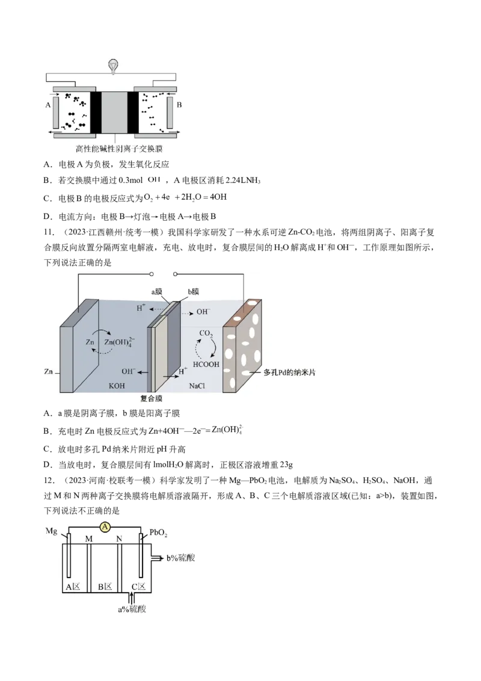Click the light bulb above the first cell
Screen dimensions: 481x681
point(113,66)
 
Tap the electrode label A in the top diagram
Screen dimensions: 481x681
point(48,105)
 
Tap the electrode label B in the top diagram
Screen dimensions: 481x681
point(179,105)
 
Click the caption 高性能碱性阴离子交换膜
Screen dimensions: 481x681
point(119,149)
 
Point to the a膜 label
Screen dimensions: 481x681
point(157,292)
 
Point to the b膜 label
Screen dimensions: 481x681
point(194,292)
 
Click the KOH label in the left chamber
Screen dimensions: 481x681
point(117,386)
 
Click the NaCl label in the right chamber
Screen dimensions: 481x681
point(197,386)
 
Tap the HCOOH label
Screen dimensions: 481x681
point(206,365)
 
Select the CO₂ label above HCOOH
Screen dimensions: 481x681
point(206,333)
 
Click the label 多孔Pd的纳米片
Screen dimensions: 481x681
point(289,372)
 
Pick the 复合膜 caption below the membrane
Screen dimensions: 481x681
point(151,398)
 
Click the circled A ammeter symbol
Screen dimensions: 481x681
point(105,527)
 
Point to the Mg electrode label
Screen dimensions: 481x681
point(51,531)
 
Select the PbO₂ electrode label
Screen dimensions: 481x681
point(159,532)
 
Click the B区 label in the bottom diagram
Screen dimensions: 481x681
point(105,587)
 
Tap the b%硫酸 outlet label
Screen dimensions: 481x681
point(180,558)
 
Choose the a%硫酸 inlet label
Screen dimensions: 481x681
point(132,609)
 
